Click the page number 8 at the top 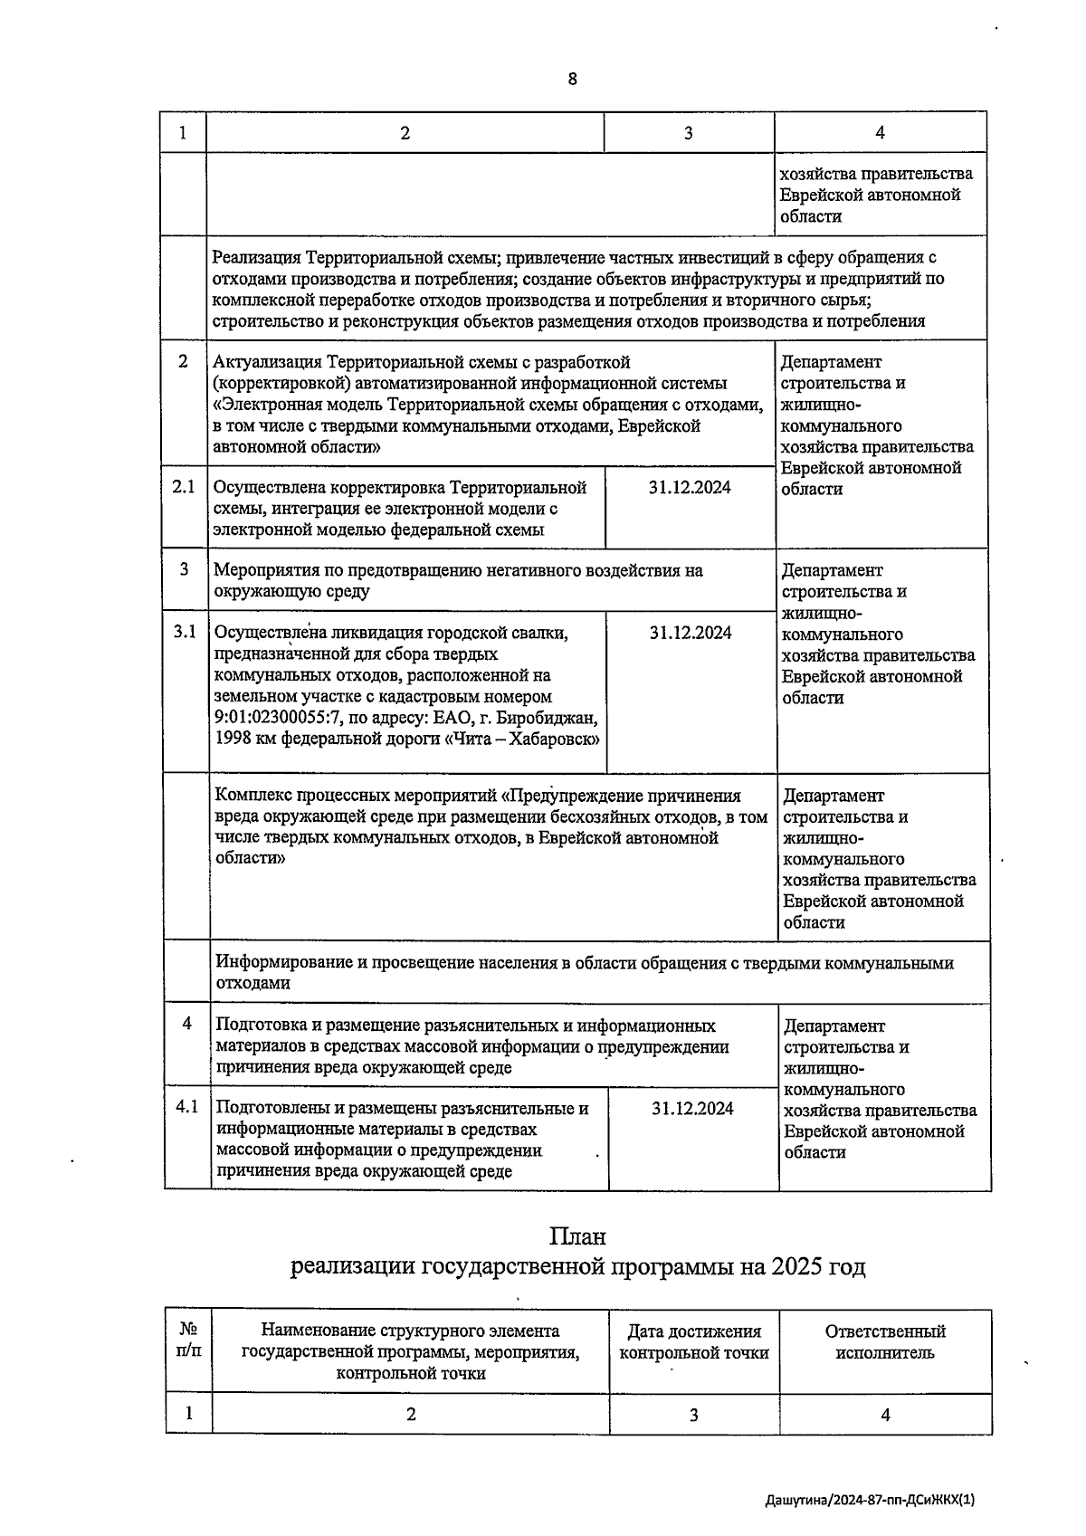572,79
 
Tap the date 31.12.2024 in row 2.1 690,487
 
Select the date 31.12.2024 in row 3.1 691,633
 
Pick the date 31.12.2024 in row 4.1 692,1109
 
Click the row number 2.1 184,487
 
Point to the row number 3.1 185,632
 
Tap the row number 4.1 186,1107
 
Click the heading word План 577,1236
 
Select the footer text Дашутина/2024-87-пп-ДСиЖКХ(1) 870,1501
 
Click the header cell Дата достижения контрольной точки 694,1342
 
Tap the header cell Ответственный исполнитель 885,1342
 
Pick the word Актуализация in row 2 267,362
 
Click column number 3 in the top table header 689,133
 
